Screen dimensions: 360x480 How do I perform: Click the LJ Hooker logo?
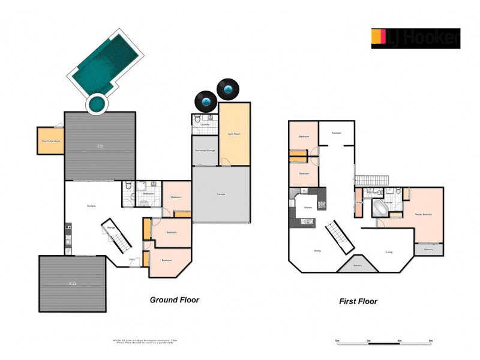point(415,38)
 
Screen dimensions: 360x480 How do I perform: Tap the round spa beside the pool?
point(95,104)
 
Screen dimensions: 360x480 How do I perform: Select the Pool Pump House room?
point(50,140)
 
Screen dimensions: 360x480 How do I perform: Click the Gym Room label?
point(234,134)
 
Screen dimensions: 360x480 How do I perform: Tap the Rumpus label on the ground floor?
point(92,206)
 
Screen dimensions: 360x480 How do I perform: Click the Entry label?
point(132,259)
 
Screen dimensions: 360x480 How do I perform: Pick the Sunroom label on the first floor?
point(336,133)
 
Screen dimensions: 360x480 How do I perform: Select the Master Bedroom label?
point(424,214)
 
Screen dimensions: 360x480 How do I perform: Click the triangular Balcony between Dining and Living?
point(358,265)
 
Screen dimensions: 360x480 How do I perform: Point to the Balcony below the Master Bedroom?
point(428,249)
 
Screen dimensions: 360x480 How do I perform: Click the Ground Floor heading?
point(174,299)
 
